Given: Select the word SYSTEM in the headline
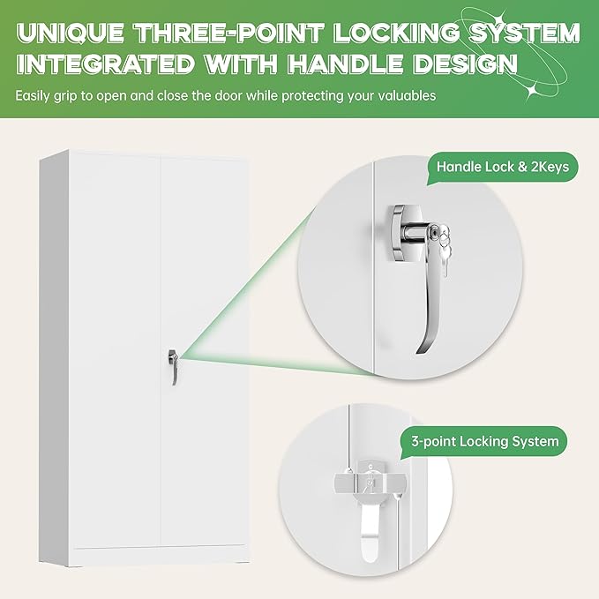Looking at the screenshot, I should click(x=518, y=33).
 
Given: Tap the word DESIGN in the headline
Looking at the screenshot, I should click(x=471, y=66).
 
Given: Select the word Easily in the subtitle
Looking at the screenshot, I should click(x=34, y=95).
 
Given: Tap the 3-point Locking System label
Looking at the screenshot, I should click(x=484, y=440).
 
